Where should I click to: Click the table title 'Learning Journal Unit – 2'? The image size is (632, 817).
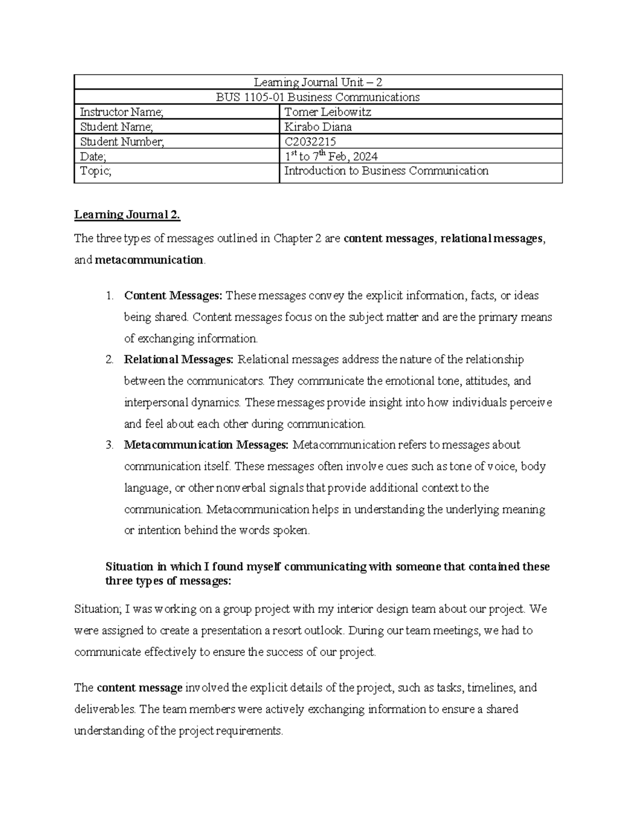(x=318, y=82)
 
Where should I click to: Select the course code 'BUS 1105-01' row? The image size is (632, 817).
(x=318, y=97)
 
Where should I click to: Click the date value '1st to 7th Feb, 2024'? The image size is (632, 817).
(x=330, y=156)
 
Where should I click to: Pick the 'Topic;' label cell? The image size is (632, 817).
(x=95, y=171)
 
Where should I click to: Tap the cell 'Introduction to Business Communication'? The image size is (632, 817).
(x=386, y=171)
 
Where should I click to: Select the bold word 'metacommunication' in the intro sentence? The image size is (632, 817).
(x=149, y=260)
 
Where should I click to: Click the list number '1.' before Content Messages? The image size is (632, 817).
(x=109, y=296)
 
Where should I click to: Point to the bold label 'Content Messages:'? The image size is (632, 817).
(x=173, y=296)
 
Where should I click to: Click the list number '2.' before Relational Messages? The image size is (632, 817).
(x=109, y=360)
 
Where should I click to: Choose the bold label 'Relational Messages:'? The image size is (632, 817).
(x=179, y=360)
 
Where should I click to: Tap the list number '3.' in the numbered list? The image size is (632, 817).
(x=109, y=445)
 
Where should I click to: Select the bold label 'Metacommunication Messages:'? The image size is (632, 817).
(x=206, y=445)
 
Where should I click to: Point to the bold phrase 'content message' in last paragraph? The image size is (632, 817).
(x=140, y=688)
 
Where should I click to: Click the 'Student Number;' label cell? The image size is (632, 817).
(x=122, y=142)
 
